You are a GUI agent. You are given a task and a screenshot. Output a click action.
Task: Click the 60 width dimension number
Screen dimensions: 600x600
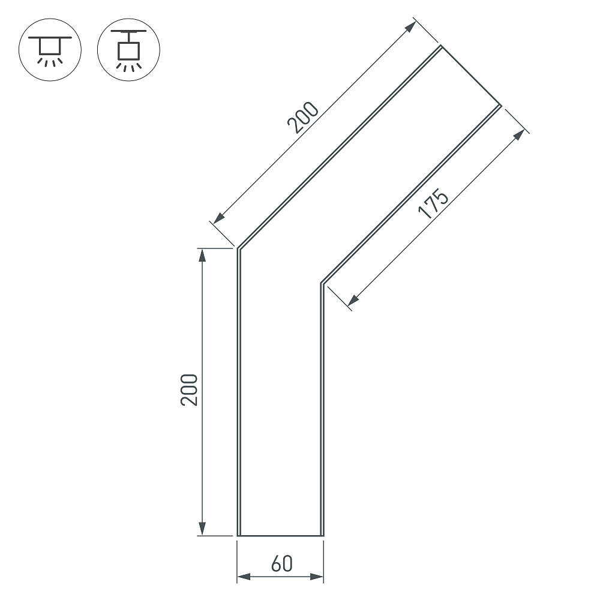tap(281, 563)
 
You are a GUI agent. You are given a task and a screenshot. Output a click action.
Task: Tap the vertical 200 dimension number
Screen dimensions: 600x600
tap(189, 390)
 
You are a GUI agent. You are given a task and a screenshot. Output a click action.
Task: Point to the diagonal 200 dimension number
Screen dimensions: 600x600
tap(302, 118)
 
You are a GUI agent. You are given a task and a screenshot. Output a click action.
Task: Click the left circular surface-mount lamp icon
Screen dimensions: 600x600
tap(50, 50)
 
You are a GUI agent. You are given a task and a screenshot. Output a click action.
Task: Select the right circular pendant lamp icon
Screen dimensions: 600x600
tap(128, 50)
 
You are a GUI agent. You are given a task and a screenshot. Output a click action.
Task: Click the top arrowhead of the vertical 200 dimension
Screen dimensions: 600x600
tap(202, 255)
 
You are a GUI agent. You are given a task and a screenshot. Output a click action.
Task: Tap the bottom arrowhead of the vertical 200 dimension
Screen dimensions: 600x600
tap(202, 529)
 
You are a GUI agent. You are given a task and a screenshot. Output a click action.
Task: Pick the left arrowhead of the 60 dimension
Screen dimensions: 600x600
tap(244, 576)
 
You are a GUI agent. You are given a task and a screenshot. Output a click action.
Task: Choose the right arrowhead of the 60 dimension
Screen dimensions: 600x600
tap(317, 576)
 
